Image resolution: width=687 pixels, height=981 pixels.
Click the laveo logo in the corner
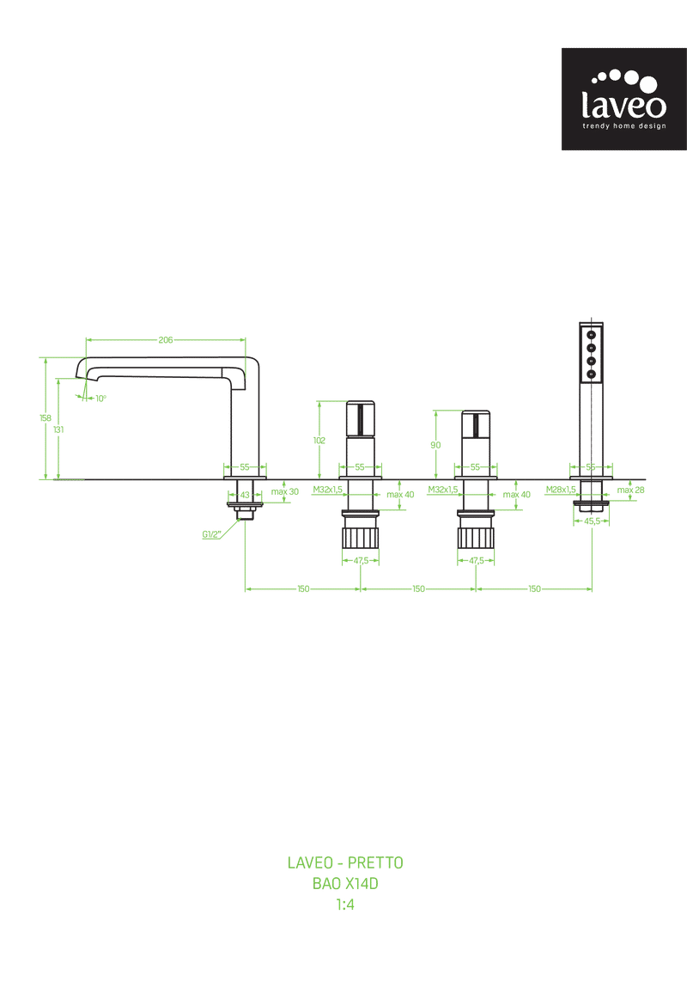pyautogui.click(x=623, y=99)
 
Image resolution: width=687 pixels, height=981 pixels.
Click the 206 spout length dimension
pyautogui.click(x=165, y=339)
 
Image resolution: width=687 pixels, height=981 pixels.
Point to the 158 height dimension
pyautogui.click(x=45, y=418)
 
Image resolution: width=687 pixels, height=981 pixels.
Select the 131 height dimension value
pyautogui.click(x=58, y=430)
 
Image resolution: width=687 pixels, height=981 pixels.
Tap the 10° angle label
pyautogui.click(x=100, y=399)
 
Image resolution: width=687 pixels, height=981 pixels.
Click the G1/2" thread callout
pyautogui.click(x=211, y=534)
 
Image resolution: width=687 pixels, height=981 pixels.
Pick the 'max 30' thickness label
pyautogui.click(x=285, y=491)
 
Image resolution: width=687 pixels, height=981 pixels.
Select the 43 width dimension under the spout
pyautogui.click(x=245, y=495)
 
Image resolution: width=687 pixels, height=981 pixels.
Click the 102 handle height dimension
pyautogui.click(x=319, y=441)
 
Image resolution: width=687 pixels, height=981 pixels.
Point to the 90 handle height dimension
pyautogui.click(x=435, y=445)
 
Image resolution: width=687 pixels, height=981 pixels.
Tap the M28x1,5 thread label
pyautogui.click(x=561, y=490)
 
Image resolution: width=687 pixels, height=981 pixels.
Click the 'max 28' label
pyautogui.click(x=630, y=490)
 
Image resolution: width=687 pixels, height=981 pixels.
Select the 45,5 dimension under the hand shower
pyautogui.click(x=592, y=521)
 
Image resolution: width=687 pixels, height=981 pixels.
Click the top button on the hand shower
pyautogui.click(x=592, y=335)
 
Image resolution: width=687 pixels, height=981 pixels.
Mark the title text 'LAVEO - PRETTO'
pyautogui.click(x=345, y=862)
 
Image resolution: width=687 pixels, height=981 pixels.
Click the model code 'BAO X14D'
pyautogui.click(x=345, y=883)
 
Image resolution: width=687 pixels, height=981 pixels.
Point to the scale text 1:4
pyautogui.click(x=345, y=905)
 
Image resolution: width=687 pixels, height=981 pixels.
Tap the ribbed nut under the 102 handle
pyautogui.click(x=361, y=537)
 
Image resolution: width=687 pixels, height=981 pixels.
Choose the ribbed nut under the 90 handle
pyautogui.click(x=476, y=537)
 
